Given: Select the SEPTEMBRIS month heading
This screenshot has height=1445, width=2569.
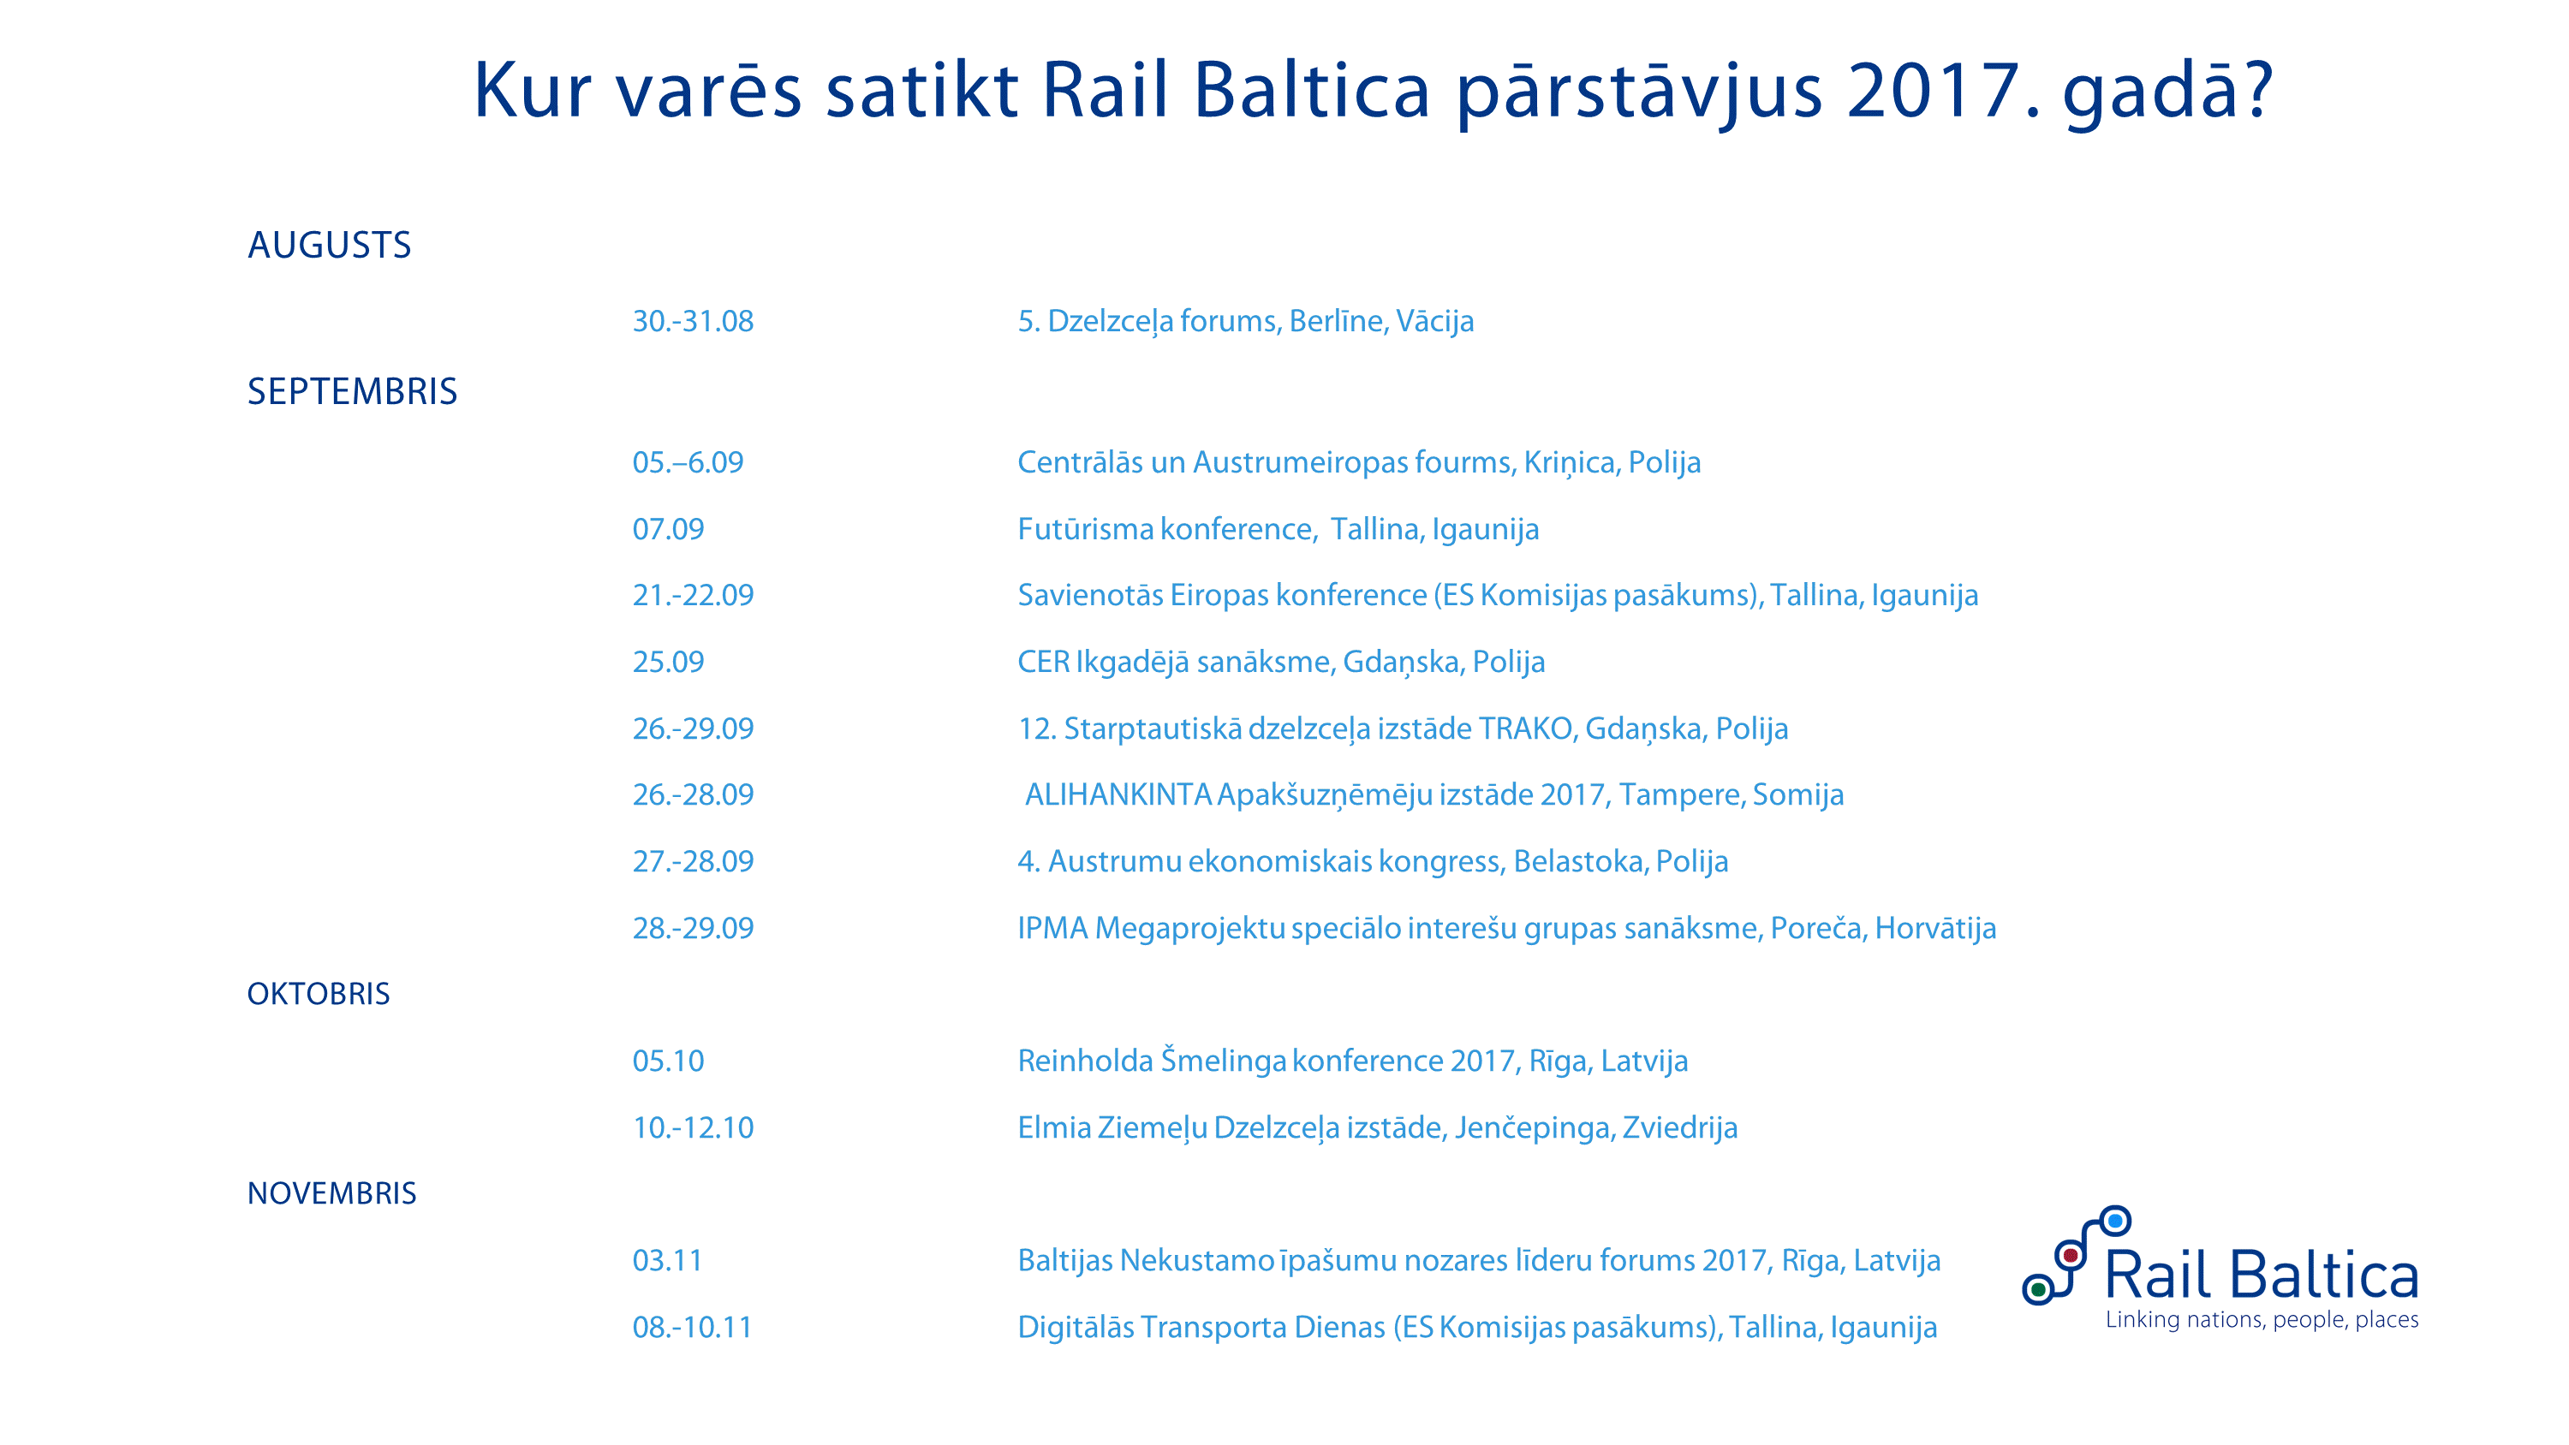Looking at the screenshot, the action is [352, 392].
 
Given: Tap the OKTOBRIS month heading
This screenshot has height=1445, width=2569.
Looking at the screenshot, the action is [319, 994].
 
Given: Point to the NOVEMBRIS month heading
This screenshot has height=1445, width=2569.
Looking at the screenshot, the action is [331, 1193].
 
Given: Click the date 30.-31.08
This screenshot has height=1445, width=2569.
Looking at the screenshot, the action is [693, 321].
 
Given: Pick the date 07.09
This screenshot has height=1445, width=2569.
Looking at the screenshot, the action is [668, 528].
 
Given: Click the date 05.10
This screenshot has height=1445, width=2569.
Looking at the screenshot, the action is [668, 1061].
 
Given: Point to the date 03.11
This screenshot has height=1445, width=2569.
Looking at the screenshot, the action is [667, 1260].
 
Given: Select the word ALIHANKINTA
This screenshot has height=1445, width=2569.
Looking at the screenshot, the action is [1118, 794].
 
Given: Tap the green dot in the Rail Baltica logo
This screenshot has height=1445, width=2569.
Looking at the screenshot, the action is [2038, 1290].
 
